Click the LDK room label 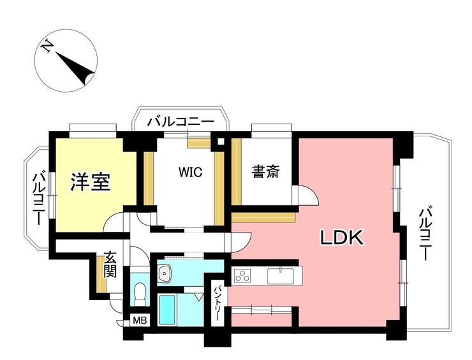(x=341, y=238)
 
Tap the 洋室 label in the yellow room (x=91, y=182)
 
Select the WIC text (x=190, y=172)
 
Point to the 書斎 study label (x=266, y=171)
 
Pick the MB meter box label (x=140, y=320)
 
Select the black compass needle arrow (x=75, y=68)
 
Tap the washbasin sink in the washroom (x=165, y=273)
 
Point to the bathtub (x=166, y=310)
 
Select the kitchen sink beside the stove (x=281, y=276)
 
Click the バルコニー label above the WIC (x=181, y=122)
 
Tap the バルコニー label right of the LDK (x=426, y=233)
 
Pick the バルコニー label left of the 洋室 (x=39, y=199)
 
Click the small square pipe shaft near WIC (x=221, y=141)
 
